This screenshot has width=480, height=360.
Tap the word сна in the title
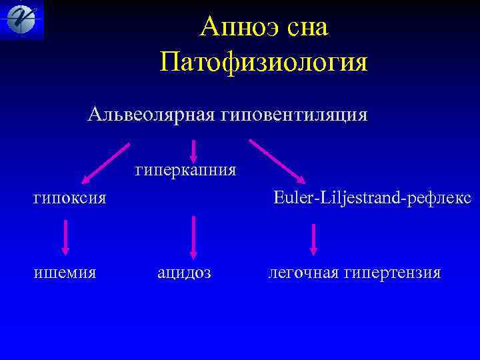[x=309, y=28]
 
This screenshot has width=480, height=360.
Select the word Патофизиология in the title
[x=264, y=63]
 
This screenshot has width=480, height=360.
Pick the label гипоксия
[x=70, y=197]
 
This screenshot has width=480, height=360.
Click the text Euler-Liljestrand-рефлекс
[x=372, y=197]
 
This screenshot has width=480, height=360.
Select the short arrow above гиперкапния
[x=193, y=150]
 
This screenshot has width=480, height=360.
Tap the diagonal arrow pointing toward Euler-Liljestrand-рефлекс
[x=277, y=161]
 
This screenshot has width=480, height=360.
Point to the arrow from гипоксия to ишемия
[x=65, y=237]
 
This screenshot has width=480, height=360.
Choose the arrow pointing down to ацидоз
[x=193, y=236]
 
